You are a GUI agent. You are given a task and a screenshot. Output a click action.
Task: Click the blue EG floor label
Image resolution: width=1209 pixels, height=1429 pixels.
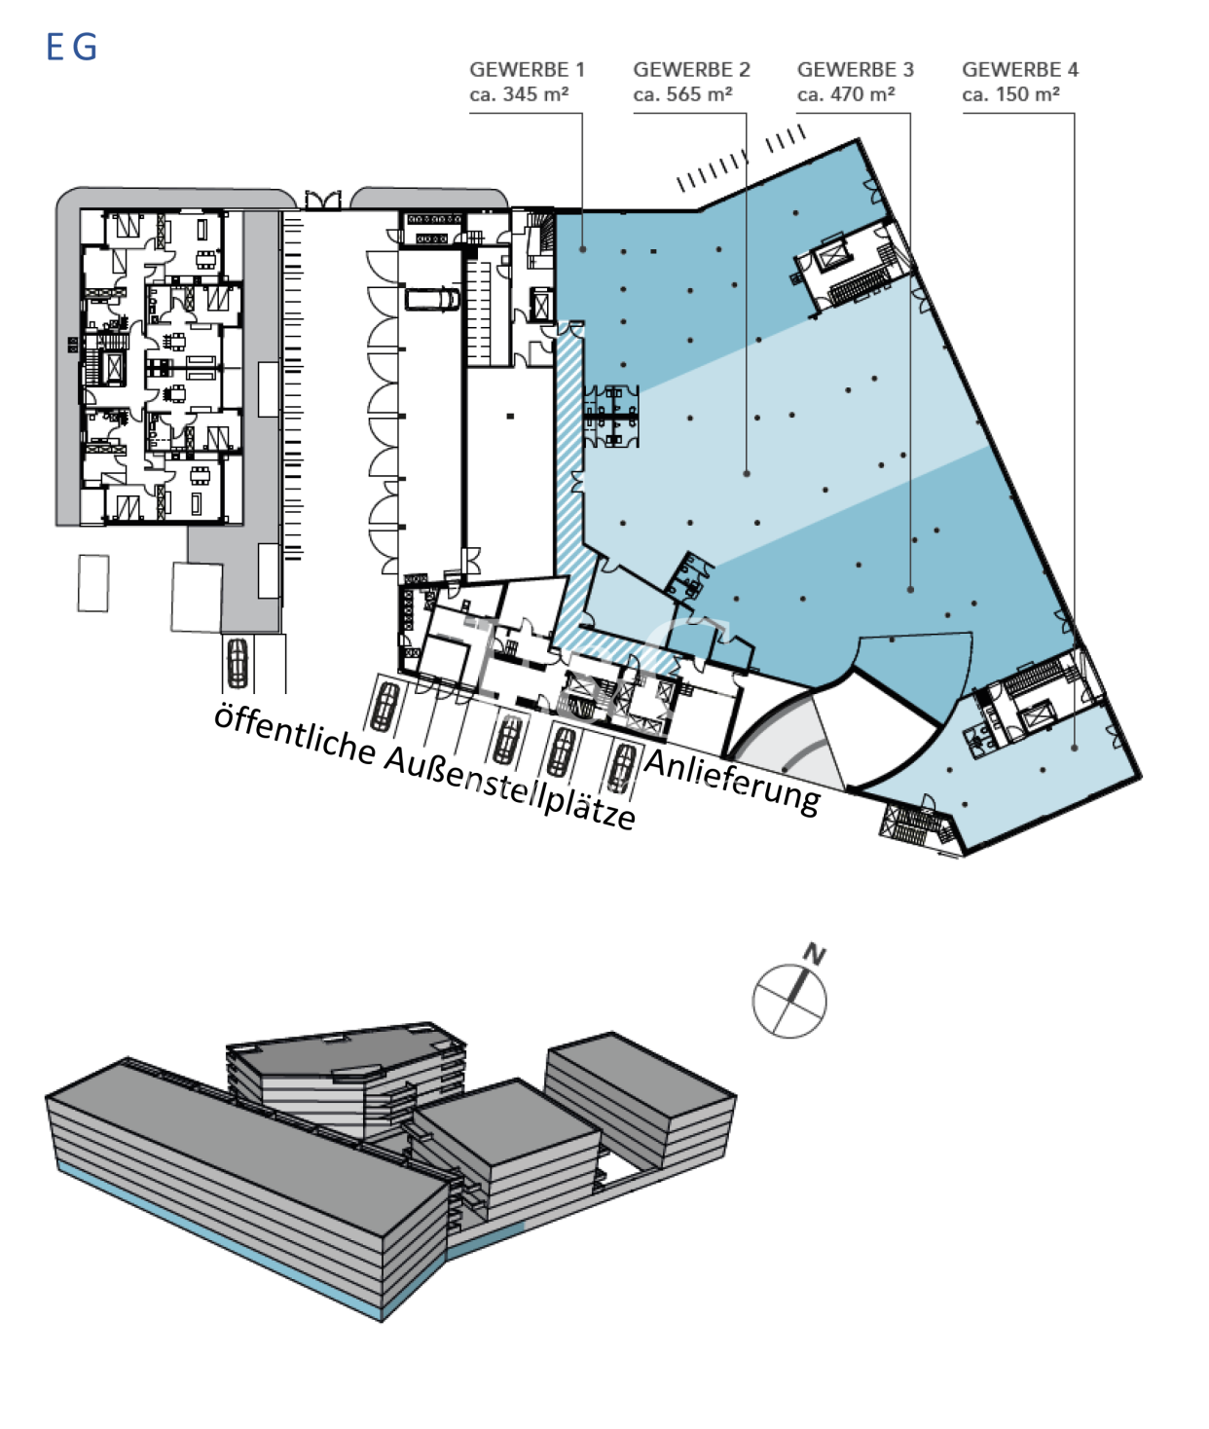(x=71, y=47)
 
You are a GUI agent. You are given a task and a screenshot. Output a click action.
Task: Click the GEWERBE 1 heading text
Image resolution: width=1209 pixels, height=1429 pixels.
(x=527, y=70)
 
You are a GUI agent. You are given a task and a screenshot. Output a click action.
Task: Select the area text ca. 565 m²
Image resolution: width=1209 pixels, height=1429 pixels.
(x=682, y=94)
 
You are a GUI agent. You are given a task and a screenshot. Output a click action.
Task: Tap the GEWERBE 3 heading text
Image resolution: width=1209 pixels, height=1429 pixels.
(x=855, y=70)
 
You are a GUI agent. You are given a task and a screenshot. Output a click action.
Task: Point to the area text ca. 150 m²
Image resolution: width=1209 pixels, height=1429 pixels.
(x=1010, y=94)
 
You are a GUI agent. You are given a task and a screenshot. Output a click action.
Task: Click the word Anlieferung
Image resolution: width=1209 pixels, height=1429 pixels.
(x=733, y=782)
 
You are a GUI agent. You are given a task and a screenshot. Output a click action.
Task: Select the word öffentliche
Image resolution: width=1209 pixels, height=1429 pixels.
(x=295, y=734)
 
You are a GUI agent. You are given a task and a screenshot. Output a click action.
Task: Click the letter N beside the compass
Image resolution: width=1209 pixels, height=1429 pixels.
(x=815, y=954)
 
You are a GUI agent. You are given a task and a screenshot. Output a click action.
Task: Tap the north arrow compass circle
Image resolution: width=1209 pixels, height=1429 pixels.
(x=788, y=1001)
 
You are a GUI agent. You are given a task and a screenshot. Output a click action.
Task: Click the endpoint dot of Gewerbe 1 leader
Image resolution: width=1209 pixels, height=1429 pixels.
(x=582, y=249)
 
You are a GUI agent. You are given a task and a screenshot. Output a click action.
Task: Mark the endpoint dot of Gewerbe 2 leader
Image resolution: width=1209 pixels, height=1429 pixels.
(x=747, y=473)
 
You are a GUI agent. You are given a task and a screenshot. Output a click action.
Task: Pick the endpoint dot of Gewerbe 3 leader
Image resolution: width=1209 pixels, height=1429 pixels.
(x=910, y=590)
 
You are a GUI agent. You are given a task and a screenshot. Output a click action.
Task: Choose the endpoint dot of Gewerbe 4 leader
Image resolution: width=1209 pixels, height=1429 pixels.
(x=1075, y=748)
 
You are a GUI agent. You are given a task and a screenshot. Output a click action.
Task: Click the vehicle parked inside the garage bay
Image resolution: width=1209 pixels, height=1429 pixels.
(x=431, y=300)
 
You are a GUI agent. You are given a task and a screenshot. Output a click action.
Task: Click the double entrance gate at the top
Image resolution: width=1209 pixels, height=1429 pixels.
(x=323, y=200)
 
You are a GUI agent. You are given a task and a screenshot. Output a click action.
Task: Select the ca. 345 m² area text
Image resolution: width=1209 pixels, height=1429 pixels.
(x=519, y=94)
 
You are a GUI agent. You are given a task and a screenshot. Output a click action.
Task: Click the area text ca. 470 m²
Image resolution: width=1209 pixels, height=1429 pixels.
(x=846, y=94)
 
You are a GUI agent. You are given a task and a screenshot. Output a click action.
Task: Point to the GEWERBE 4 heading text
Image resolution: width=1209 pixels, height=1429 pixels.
(x=1019, y=70)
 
